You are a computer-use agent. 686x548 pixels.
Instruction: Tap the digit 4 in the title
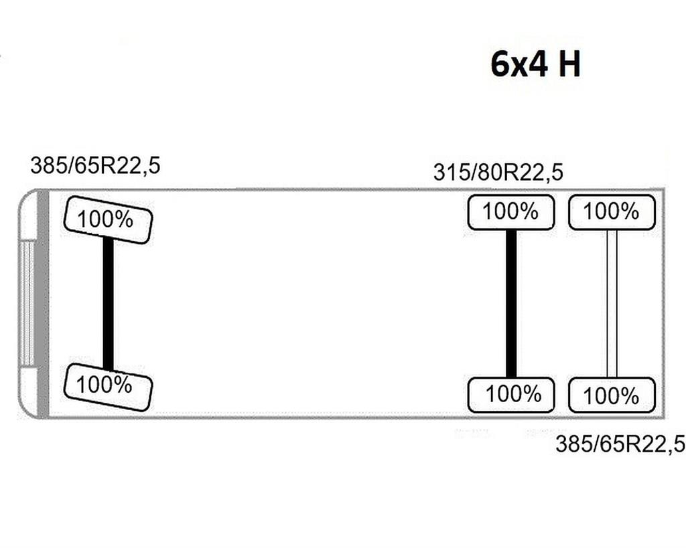coord(538,64)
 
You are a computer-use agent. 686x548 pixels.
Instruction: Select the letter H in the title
coord(569,64)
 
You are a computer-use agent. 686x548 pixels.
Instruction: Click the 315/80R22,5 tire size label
coord(498,172)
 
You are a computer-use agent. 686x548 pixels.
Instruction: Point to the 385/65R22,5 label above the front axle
coord(95,165)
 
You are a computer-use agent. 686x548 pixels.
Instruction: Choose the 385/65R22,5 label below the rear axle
coord(620,444)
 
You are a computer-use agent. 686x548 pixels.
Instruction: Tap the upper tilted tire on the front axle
coord(108,220)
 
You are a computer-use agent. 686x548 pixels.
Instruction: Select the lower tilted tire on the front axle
coord(108,387)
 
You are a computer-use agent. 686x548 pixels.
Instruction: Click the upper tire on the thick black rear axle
coord(511,212)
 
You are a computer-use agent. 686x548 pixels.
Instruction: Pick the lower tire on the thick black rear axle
coord(511,395)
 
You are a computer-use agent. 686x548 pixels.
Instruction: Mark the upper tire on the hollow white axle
coord(612,212)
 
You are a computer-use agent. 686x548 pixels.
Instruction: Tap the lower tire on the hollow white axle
coord(612,395)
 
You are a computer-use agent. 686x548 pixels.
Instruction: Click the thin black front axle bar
coord(108,304)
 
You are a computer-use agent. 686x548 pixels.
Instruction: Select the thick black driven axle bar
coord(511,304)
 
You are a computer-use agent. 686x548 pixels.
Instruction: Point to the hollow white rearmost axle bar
coord(612,304)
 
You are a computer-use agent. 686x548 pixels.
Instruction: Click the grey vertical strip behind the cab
coord(43,304)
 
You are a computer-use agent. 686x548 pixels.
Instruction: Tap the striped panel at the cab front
coord(27,304)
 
